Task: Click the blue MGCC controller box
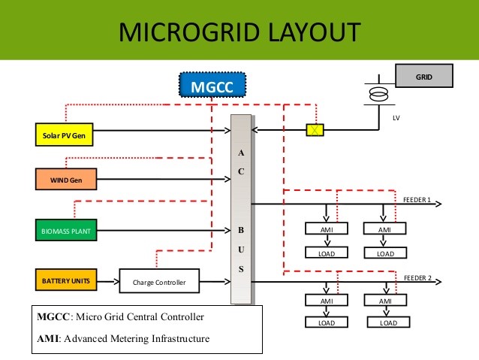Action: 212,85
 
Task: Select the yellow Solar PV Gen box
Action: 64,135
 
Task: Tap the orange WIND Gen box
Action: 66,179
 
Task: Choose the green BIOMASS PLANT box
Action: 66,230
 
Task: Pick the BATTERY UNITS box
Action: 66,280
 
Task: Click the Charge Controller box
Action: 159,281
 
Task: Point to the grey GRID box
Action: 424,76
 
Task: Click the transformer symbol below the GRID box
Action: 379,94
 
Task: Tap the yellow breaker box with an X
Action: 315,130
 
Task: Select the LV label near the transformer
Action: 396,118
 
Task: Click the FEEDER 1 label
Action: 417,200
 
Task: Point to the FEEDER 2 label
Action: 417,278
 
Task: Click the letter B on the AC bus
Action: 241,230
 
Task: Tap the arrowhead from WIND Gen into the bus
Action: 227,179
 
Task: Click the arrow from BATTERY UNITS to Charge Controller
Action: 108,281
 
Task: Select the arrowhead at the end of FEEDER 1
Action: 438,204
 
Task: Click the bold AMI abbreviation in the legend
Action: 47,339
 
